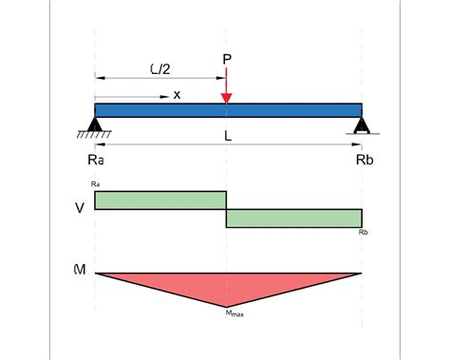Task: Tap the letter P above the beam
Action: [227, 59]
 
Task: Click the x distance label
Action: [177, 95]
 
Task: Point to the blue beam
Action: [285, 110]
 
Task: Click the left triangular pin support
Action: [95, 123]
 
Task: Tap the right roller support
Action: [361, 124]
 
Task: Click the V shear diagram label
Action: [78, 207]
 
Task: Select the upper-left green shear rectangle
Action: [160, 199]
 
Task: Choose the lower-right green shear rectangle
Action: [294, 218]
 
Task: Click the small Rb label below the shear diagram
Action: [363, 232]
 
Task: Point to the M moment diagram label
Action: [78, 272]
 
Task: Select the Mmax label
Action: [234, 312]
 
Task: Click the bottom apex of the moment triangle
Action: [227, 304]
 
